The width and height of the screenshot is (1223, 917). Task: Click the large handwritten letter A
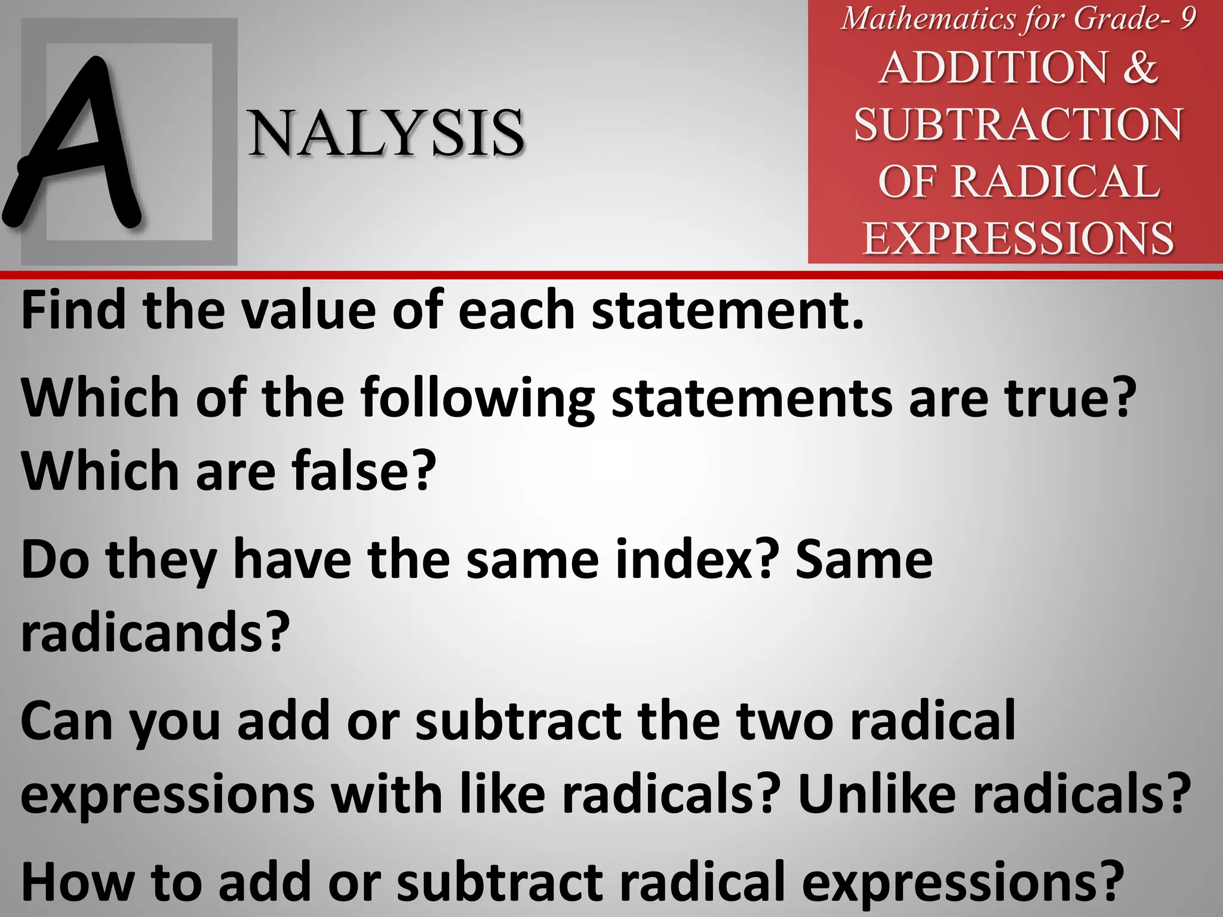(x=75, y=143)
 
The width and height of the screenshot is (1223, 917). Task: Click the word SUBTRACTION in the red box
(x=1018, y=125)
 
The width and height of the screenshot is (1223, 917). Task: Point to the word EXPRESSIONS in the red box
(x=1018, y=238)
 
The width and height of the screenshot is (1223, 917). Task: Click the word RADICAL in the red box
(x=1055, y=181)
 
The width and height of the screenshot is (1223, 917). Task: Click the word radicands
(x=154, y=633)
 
